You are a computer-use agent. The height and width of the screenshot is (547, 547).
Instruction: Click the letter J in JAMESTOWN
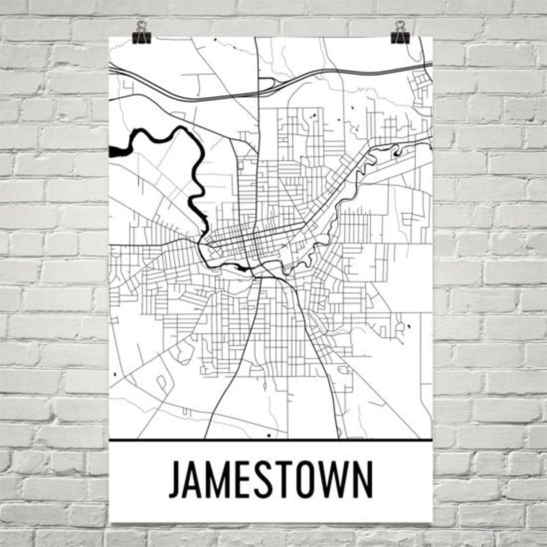175,479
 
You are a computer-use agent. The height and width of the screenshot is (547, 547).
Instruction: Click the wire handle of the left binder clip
141,25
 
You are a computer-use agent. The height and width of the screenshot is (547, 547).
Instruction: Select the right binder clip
400,33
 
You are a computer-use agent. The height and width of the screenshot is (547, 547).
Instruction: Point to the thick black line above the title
270,440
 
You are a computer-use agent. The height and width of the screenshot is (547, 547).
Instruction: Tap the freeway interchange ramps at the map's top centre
267,84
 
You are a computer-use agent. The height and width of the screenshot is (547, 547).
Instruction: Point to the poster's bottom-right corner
432,522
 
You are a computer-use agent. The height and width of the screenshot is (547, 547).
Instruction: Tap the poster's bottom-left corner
110,522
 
